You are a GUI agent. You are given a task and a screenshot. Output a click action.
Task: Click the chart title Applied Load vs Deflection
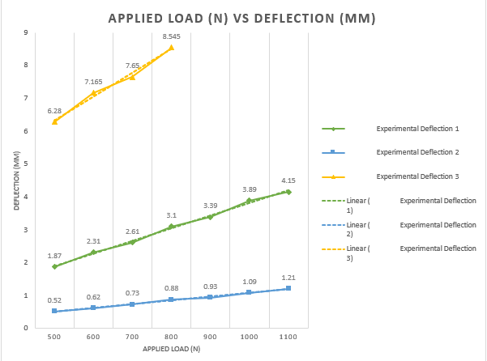pos(243,17)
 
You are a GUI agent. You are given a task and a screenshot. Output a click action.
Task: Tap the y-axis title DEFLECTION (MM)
pos(15,180)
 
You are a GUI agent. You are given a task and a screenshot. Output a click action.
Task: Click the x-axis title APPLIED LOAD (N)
pos(171,348)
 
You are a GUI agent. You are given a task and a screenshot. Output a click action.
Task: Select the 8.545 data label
pos(171,37)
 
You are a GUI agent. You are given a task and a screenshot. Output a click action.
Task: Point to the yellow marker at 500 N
pos(54,121)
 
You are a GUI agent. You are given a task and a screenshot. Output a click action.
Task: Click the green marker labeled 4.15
pos(288,192)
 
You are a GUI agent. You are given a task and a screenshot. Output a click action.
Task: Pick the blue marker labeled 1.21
pos(288,288)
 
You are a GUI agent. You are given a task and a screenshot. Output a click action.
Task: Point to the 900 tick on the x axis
pos(210,336)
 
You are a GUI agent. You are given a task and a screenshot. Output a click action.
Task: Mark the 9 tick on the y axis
pos(27,32)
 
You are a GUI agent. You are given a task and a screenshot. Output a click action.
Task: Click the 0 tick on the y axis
pos(27,328)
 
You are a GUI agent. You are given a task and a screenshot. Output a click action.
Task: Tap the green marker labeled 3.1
pos(171,227)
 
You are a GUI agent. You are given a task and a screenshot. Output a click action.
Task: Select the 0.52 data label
pos(54,300)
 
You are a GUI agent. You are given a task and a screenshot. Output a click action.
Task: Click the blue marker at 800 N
pos(171,299)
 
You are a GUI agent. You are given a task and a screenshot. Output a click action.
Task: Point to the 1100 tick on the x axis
pos(288,336)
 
